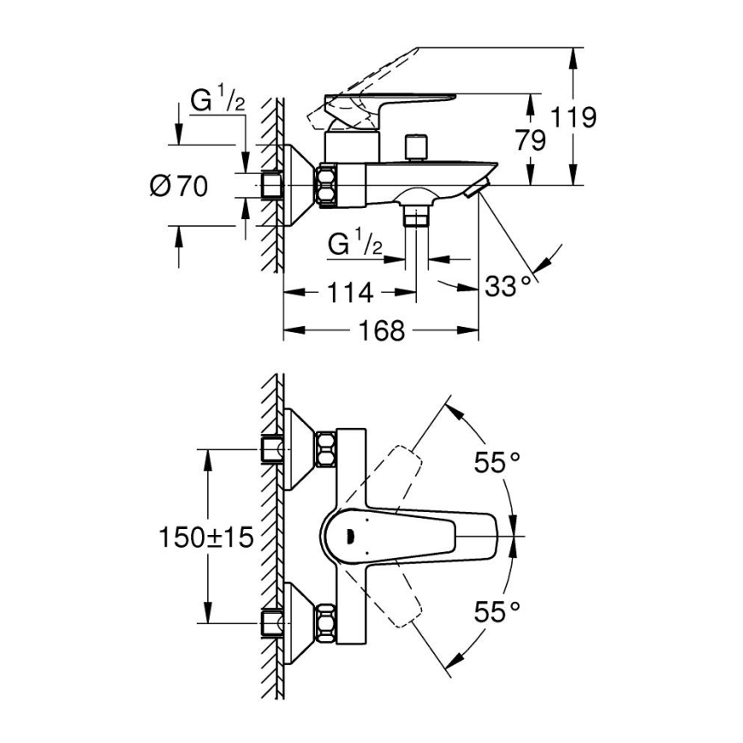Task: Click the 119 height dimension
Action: tap(573, 117)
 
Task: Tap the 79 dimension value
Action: tap(532, 140)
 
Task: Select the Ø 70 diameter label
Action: tap(179, 186)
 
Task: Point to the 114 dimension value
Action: tap(350, 293)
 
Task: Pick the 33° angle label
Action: tap(514, 286)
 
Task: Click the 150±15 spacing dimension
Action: tap(205, 537)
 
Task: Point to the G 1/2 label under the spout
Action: tap(354, 246)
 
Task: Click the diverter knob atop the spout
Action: tap(417, 146)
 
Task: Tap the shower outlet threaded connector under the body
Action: tap(417, 215)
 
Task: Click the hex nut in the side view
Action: tap(328, 185)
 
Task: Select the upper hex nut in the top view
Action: tap(326, 449)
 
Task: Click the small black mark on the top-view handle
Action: tap(348, 537)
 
